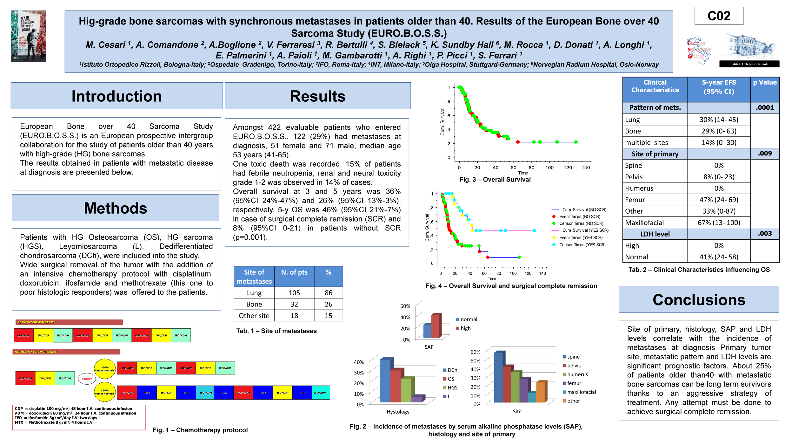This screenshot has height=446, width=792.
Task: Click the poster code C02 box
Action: (719, 16)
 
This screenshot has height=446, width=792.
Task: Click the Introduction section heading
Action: (116, 96)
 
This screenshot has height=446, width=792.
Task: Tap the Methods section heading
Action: (116, 208)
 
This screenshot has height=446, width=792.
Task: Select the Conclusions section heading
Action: (699, 300)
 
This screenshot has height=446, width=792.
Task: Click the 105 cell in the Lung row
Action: (294, 293)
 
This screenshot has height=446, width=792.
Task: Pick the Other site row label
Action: (254, 316)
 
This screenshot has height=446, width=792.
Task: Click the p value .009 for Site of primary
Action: (765, 154)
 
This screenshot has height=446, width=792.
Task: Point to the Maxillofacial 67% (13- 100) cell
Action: (719, 223)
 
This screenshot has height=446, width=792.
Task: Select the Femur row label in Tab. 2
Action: (635, 200)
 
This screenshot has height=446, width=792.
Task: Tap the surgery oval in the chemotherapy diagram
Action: (87, 379)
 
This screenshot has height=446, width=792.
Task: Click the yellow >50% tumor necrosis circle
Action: (105, 369)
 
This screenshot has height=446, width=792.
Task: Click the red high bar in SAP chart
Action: (435, 326)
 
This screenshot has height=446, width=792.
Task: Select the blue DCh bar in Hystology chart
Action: (385, 381)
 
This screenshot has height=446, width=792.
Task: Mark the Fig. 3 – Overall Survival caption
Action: (495, 180)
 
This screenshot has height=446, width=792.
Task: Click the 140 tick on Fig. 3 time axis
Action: (586, 168)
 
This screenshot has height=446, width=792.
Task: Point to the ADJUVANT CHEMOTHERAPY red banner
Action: (69, 322)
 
